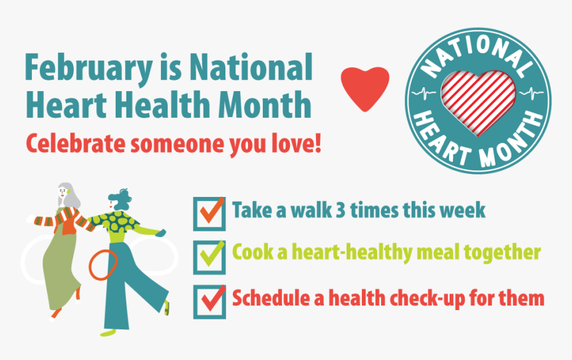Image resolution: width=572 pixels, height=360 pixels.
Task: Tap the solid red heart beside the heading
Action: [365, 89]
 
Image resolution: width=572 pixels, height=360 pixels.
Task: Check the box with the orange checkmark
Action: [210, 214]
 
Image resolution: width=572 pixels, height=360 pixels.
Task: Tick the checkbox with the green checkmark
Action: [210, 257]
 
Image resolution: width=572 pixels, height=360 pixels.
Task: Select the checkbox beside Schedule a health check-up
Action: [210, 301]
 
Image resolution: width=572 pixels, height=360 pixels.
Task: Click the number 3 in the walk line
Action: [342, 210]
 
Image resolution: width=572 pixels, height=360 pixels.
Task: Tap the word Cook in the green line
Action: [253, 252]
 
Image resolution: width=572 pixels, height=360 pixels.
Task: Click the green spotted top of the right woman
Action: [114, 221]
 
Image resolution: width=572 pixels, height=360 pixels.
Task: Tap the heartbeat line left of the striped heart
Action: [424, 92]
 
